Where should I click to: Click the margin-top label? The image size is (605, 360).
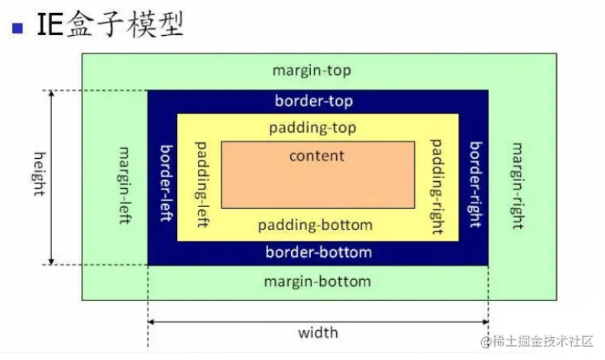click(x=312, y=71)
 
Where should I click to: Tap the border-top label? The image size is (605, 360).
click(x=314, y=101)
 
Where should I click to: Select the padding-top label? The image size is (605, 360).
click(x=312, y=128)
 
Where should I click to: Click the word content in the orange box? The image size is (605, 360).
click(x=317, y=156)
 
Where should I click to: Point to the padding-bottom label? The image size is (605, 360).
click(x=315, y=225)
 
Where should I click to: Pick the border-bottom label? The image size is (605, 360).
click(x=319, y=252)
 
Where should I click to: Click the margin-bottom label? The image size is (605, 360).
click(x=317, y=281)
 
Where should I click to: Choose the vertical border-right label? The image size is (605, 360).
click(x=475, y=184)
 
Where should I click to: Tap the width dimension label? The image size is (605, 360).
click(x=318, y=333)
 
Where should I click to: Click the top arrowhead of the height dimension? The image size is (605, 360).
click(x=52, y=96)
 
